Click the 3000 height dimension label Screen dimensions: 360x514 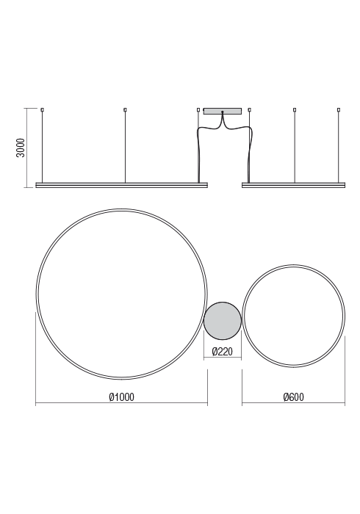21,148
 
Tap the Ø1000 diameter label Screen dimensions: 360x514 122,397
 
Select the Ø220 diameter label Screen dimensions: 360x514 223,352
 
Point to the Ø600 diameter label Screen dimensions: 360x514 293,397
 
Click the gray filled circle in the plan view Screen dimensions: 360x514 223,321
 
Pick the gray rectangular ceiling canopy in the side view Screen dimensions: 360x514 223,111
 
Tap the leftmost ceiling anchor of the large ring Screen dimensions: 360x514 42,109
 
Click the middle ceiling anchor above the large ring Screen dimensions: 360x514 125,109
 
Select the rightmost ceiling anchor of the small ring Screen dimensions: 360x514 339,109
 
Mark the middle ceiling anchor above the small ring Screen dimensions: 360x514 295,109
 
